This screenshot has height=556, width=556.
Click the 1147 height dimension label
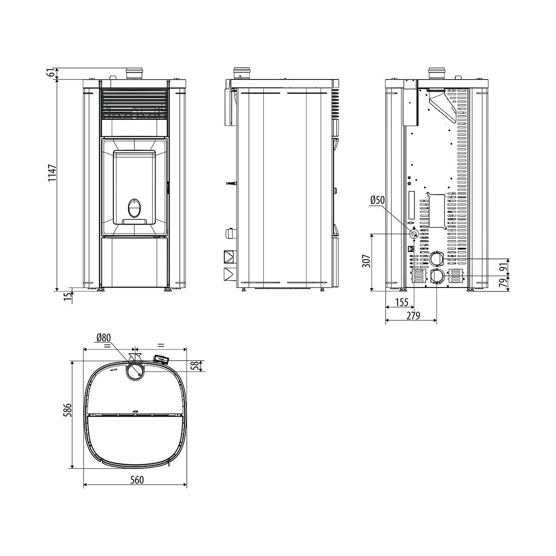pos(52,173)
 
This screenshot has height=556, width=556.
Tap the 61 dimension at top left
pos(52,73)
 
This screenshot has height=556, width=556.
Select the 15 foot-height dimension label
pos(67,297)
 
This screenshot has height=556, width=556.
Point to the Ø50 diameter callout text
pos(377,200)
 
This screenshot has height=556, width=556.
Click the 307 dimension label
pos(366,261)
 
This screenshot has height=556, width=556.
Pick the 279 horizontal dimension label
pos(413,316)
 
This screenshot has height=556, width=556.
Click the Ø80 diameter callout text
pos(104,338)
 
